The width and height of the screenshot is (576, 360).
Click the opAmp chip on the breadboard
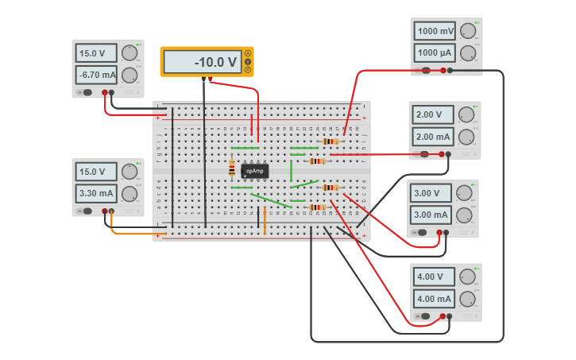(x=254, y=171)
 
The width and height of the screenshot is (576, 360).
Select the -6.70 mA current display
(x=96, y=75)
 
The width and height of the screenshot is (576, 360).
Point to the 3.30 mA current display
(x=96, y=193)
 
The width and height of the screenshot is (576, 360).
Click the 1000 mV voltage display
(x=435, y=32)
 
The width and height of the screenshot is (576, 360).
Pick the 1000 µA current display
(x=435, y=53)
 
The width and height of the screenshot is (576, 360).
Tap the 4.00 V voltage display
(x=435, y=277)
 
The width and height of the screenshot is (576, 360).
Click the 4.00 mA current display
(x=435, y=299)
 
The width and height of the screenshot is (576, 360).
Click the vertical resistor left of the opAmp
(x=232, y=168)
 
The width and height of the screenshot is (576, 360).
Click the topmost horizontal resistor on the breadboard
(x=330, y=141)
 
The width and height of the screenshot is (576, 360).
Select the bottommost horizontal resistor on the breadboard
(x=318, y=207)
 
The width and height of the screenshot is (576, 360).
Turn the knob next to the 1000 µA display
(x=469, y=53)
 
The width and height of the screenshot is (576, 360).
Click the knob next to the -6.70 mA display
(x=130, y=75)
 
